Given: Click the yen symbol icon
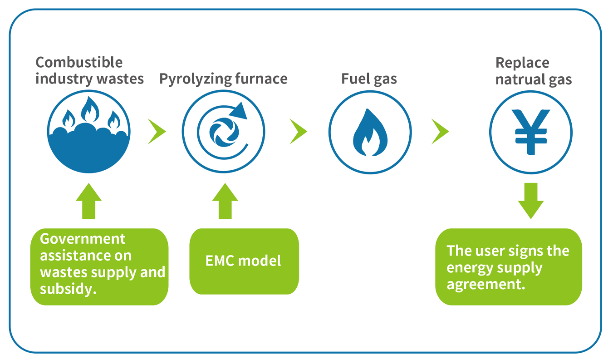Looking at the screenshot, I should (530, 132).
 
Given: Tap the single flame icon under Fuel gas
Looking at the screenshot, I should (370, 132).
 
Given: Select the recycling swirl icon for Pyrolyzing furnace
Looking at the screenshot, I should (224, 132).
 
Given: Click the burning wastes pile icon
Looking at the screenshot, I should (88, 132).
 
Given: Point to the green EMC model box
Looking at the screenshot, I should (244, 261).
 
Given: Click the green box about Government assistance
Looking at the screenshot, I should (99, 266).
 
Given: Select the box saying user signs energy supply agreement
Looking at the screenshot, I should (508, 267).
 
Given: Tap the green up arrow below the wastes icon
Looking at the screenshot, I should (88, 201).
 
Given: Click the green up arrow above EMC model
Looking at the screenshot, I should (225, 201).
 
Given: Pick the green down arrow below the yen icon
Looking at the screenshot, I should (530, 200).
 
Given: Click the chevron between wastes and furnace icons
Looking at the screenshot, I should (157, 132).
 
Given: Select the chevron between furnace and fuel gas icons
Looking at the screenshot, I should (298, 132).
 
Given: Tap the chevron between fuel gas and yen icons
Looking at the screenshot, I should (440, 132).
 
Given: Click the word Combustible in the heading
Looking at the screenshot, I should (79, 62).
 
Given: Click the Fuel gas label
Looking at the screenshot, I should (369, 79).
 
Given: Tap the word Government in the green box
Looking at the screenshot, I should (83, 239).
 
